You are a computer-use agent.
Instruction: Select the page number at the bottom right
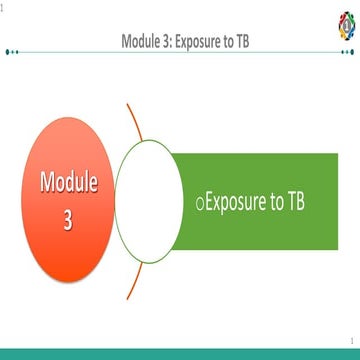click(x=353, y=340)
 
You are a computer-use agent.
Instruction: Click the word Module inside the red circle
click(x=69, y=183)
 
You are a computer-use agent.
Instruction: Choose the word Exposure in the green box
click(x=238, y=201)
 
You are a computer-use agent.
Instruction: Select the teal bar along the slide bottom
click(x=180, y=354)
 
